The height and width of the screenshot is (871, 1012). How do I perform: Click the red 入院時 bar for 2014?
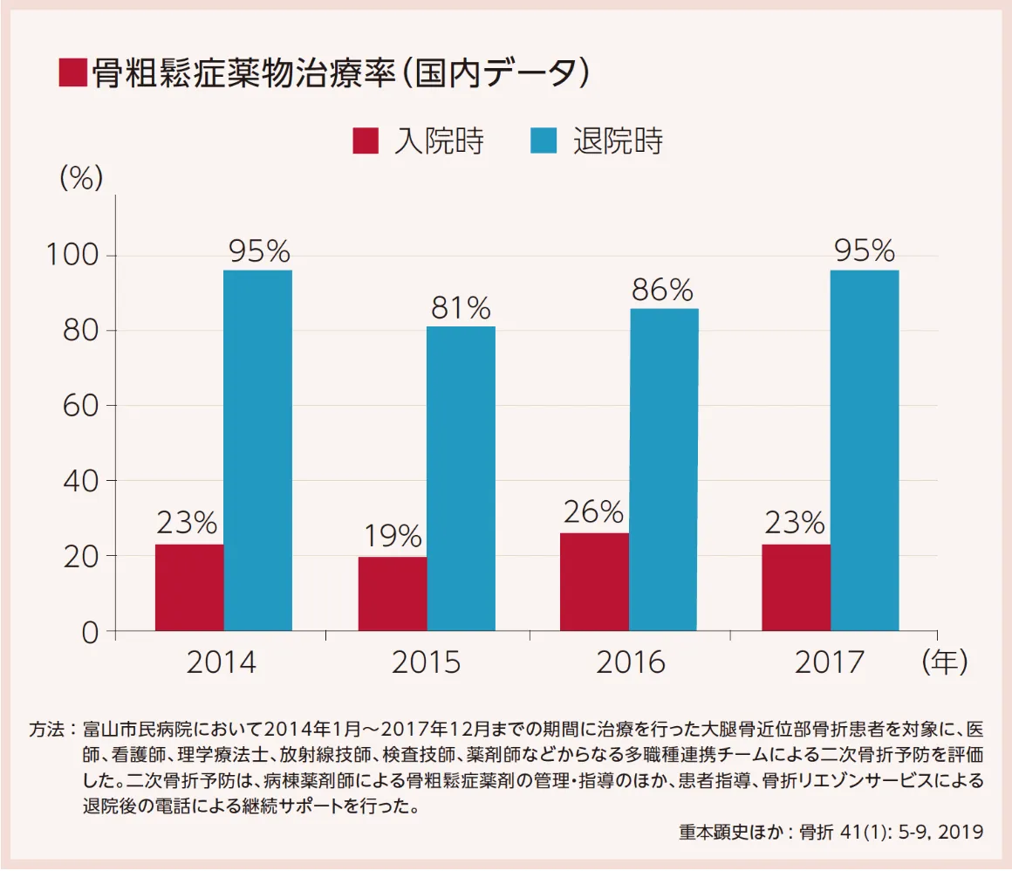pyautogui.click(x=189, y=586)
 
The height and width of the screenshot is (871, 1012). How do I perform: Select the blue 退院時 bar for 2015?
pyautogui.click(x=461, y=478)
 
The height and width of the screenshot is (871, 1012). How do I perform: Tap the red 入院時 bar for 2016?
pyautogui.click(x=594, y=581)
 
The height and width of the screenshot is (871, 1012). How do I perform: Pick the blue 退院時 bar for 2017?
pyautogui.click(x=865, y=450)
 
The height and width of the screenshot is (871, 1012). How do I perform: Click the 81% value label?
pyautogui.click(x=461, y=307)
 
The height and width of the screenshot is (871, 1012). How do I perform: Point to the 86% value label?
pyautogui.click(x=663, y=290)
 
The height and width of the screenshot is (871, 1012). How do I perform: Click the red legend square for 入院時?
pyautogui.click(x=366, y=141)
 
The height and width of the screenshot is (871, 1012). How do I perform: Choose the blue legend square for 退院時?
pyautogui.click(x=544, y=141)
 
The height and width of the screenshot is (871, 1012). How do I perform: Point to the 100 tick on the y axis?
pyautogui.click(x=73, y=256)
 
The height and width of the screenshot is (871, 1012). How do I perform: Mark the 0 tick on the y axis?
pyautogui.click(x=91, y=632)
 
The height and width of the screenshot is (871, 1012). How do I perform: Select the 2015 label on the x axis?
pyautogui.click(x=426, y=662)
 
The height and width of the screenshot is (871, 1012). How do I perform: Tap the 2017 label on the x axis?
pyautogui.click(x=829, y=662)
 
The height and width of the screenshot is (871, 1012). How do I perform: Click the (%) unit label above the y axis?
pyautogui.click(x=81, y=178)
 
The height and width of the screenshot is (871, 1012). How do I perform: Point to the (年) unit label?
pyautogui.click(x=945, y=662)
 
